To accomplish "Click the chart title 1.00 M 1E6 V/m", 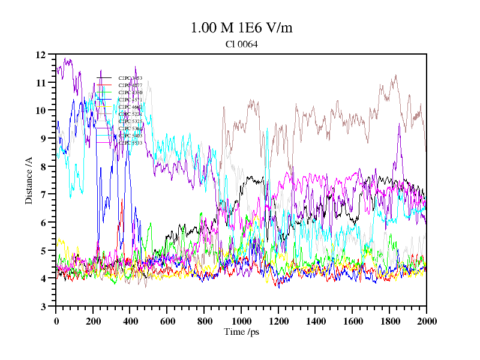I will (x=241, y=28).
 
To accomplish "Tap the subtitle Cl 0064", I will (x=241, y=44).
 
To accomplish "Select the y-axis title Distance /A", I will (x=29, y=180).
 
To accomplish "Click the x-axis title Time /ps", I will (x=241, y=332).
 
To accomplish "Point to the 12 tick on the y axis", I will (x=41, y=55).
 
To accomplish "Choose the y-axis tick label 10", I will (x=41, y=110).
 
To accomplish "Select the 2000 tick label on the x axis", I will (x=426, y=321).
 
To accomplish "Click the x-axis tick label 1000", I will (x=241, y=321).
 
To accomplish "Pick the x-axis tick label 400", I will (x=130, y=321).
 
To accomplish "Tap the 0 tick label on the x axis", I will (x=56, y=321).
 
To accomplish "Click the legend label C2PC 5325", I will (x=130, y=121).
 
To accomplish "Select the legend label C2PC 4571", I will (x=130, y=100).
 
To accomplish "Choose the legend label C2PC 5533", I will (x=130, y=143).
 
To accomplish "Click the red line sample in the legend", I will (x=104, y=85).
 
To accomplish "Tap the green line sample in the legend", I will (x=104, y=92).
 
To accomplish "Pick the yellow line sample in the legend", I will (x=104, y=107).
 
